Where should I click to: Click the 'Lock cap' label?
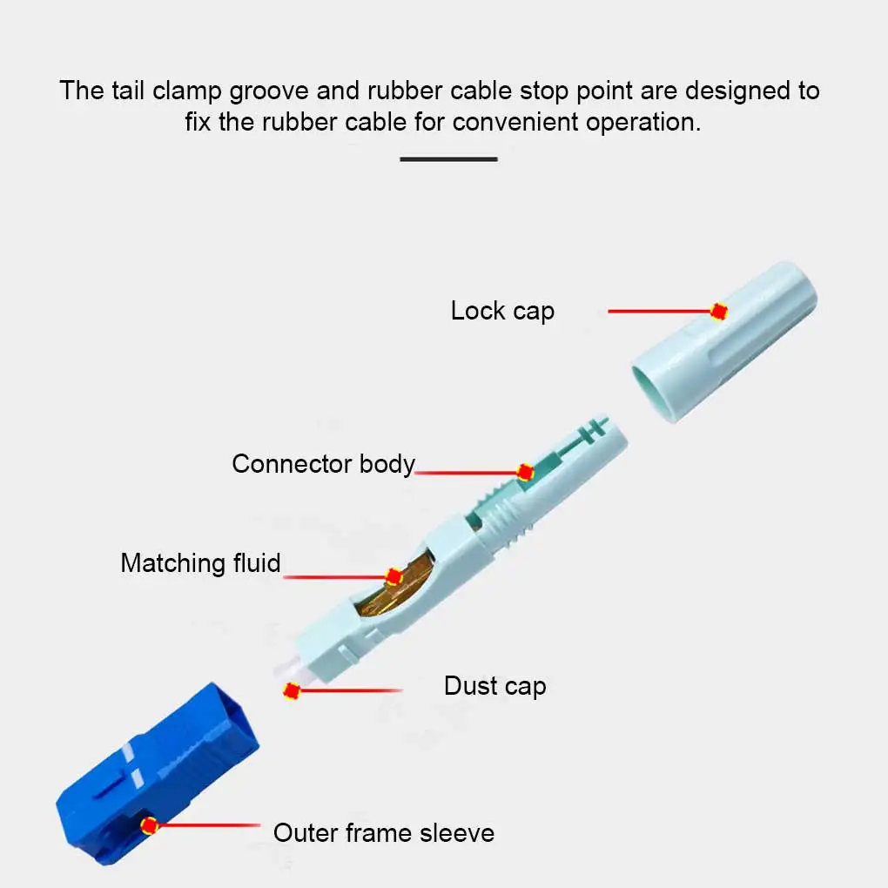point(502,311)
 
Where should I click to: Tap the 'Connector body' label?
point(323,464)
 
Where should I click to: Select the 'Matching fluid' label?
point(200,563)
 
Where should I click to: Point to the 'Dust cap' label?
point(494,686)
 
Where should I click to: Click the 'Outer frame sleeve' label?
point(383,833)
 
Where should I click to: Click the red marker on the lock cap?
point(718,311)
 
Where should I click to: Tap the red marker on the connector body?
point(525,472)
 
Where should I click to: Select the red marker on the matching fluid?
point(394,575)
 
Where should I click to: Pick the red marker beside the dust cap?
point(292,691)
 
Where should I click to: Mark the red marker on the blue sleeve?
point(150,824)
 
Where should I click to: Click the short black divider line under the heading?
point(448,159)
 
